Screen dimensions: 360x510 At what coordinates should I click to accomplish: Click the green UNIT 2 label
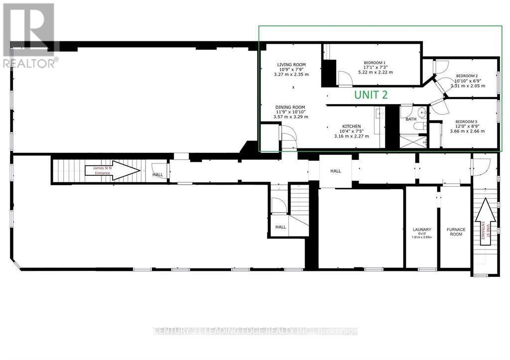click(371, 95)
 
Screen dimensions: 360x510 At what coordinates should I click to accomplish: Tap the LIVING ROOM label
click(291, 65)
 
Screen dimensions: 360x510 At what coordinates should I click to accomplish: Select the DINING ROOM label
click(291, 107)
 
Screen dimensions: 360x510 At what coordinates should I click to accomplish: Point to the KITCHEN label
click(351, 126)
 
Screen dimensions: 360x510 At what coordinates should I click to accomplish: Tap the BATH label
click(411, 120)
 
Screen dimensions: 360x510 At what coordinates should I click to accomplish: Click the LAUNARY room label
click(421, 230)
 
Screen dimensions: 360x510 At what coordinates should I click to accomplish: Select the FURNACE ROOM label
click(456, 232)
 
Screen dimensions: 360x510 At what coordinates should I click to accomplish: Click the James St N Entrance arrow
click(112, 170)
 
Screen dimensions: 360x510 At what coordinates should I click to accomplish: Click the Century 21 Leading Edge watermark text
click(255, 331)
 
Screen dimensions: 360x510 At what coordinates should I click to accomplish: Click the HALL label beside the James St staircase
click(158, 175)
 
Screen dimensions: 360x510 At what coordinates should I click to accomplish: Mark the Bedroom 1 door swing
click(344, 78)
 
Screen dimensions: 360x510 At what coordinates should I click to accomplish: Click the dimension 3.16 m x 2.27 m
click(351, 136)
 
